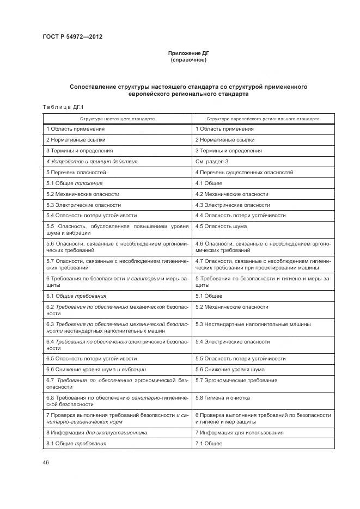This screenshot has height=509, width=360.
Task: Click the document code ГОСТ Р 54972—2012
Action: click(x=72, y=36)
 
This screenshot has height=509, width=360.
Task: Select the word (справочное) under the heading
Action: click(x=188, y=60)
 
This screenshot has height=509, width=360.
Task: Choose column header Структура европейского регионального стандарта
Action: click(x=263, y=118)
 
